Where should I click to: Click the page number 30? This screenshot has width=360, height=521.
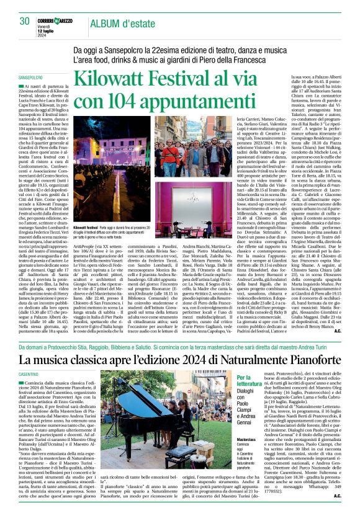(25, 20)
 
